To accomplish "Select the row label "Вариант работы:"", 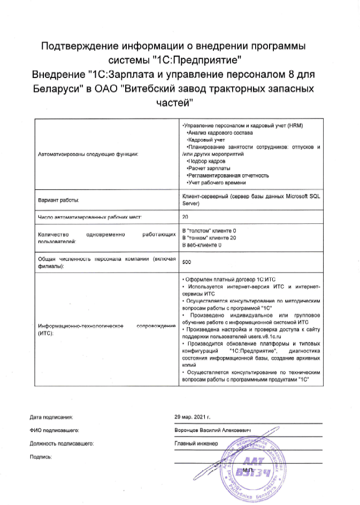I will [x=59, y=200].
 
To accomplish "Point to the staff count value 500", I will [x=187, y=262].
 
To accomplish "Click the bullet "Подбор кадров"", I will [x=205, y=161].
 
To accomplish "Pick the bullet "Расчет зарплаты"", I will [x=207, y=168].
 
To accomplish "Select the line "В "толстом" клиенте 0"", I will [x=209, y=230].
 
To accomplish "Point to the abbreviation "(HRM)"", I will [x=294, y=125].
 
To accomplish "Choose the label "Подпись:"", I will [x=41, y=457].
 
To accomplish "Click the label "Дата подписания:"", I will [x=51, y=416].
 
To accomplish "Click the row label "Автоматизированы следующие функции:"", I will [x=88, y=154].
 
